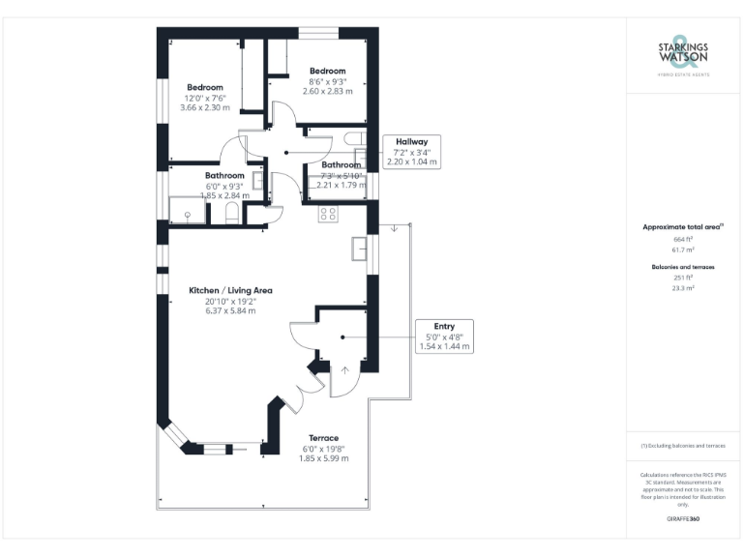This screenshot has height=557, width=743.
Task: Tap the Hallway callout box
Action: coord(411,152)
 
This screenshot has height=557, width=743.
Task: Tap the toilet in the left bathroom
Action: coord(232,214)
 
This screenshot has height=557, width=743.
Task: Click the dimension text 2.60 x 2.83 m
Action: coord(327,92)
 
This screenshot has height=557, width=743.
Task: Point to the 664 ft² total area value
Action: coord(683,238)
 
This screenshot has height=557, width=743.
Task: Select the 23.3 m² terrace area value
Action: coord(683,287)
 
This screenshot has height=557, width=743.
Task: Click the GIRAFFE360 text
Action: coord(683,519)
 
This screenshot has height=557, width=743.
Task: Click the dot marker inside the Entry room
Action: coord(342,337)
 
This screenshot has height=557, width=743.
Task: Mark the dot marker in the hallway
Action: coord(285,153)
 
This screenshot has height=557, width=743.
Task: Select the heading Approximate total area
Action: coord(683,226)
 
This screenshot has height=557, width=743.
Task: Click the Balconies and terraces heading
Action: coord(683,265)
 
